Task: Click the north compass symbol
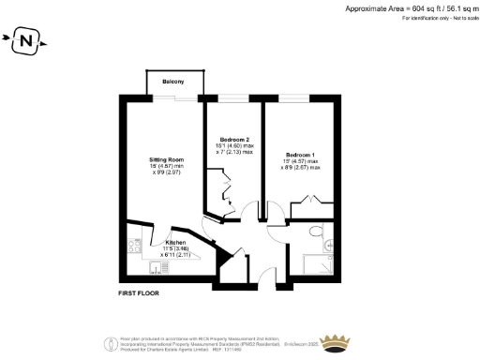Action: click(x=26, y=41)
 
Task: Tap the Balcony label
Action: click(x=172, y=82)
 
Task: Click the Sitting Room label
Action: click(x=166, y=159)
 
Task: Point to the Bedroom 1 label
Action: click(x=301, y=154)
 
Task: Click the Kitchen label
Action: click(x=176, y=241)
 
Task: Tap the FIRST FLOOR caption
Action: click(x=140, y=294)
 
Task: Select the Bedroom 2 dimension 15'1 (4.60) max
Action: click(x=235, y=146)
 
